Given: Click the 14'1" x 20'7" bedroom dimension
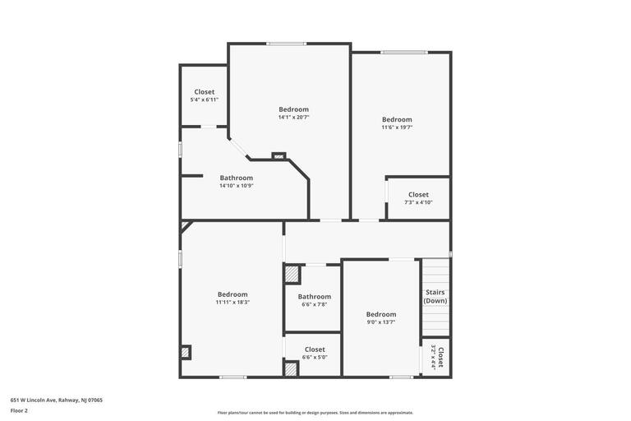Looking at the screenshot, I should (x=293, y=118).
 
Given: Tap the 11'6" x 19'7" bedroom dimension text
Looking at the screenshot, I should (x=397, y=127).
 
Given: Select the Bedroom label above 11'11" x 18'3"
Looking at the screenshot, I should (x=233, y=294).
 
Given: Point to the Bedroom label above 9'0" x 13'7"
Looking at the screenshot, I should (x=381, y=314).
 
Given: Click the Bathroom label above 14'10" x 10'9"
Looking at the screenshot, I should (x=237, y=178).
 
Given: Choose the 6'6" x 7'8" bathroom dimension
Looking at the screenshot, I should (x=315, y=304).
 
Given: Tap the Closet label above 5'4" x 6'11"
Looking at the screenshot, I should (x=205, y=92).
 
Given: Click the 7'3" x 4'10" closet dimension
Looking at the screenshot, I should (x=418, y=202).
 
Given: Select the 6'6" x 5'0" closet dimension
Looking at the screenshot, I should (x=315, y=357).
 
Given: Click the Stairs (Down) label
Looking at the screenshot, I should (x=435, y=296).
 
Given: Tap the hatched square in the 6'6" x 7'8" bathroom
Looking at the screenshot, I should (x=292, y=275).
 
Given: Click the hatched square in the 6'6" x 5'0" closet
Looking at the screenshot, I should (x=291, y=368).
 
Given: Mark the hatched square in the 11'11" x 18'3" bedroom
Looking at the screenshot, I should (x=186, y=352).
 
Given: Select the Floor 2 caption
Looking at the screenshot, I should (x=19, y=410).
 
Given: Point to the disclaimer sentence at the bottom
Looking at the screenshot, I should (x=315, y=413).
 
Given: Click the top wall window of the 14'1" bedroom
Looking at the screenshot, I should (x=286, y=44).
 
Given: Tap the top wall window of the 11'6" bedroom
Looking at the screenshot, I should (x=403, y=53).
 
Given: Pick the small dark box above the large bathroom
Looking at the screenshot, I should (x=279, y=155).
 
